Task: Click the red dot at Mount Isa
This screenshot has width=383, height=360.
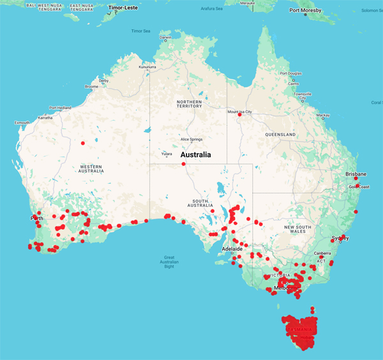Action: point(239,115)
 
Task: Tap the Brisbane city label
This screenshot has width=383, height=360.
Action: point(356,174)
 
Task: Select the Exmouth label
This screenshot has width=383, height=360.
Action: point(22,123)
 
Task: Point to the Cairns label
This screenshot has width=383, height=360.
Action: point(293,84)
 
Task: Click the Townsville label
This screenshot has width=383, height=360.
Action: point(303,94)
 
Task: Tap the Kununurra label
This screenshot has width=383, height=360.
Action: point(147,66)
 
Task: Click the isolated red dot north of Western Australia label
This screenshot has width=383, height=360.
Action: point(83,143)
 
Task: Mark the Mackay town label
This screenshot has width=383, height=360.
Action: point(323,116)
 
